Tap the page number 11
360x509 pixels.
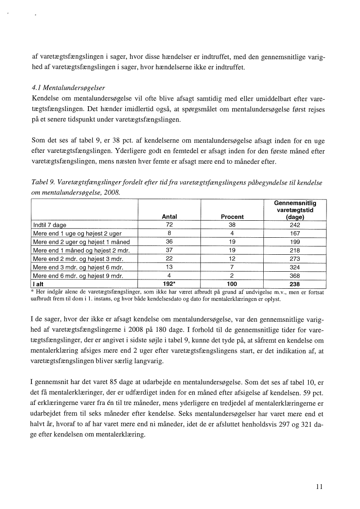coord(319,487)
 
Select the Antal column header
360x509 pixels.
coord(169,216)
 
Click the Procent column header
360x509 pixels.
coord(232,216)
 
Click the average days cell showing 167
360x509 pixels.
coord(295,233)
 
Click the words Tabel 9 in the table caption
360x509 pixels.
coord(43,183)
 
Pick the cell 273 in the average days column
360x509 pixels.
coord(295,258)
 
